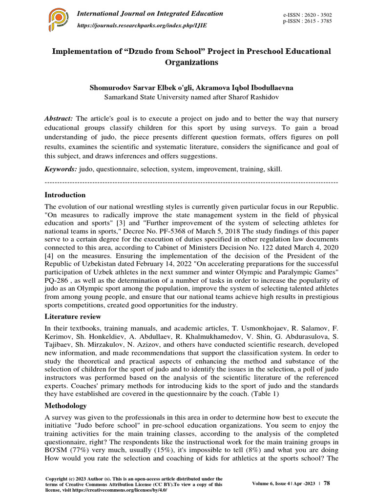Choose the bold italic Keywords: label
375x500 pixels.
[x=61, y=168]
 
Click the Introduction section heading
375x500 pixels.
[x=65, y=195]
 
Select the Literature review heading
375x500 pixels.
[x=73, y=316]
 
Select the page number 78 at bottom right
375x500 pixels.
[x=327, y=483]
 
